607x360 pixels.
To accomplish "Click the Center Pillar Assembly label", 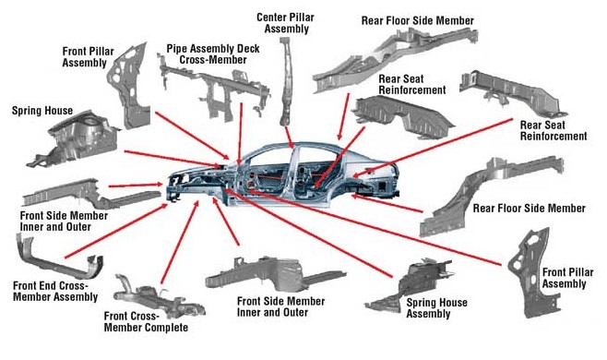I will [x=286, y=21].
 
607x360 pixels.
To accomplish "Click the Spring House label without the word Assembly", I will [x=42, y=111].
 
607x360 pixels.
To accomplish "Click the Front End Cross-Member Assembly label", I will [x=54, y=290].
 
